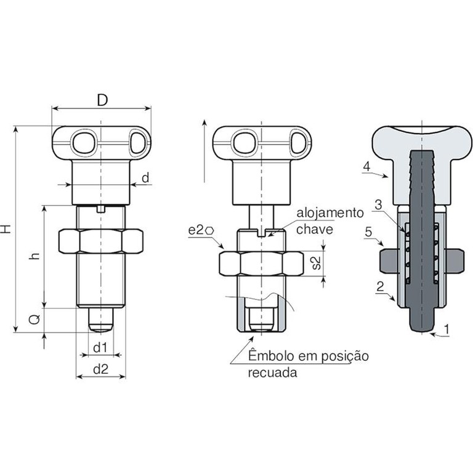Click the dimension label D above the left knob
(102, 100)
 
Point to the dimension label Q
(35, 319)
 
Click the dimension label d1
(100, 347)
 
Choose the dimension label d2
(101, 369)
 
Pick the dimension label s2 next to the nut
(315, 263)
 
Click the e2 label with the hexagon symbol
(201, 230)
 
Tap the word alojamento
(330, 213)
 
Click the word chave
(314, 229)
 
